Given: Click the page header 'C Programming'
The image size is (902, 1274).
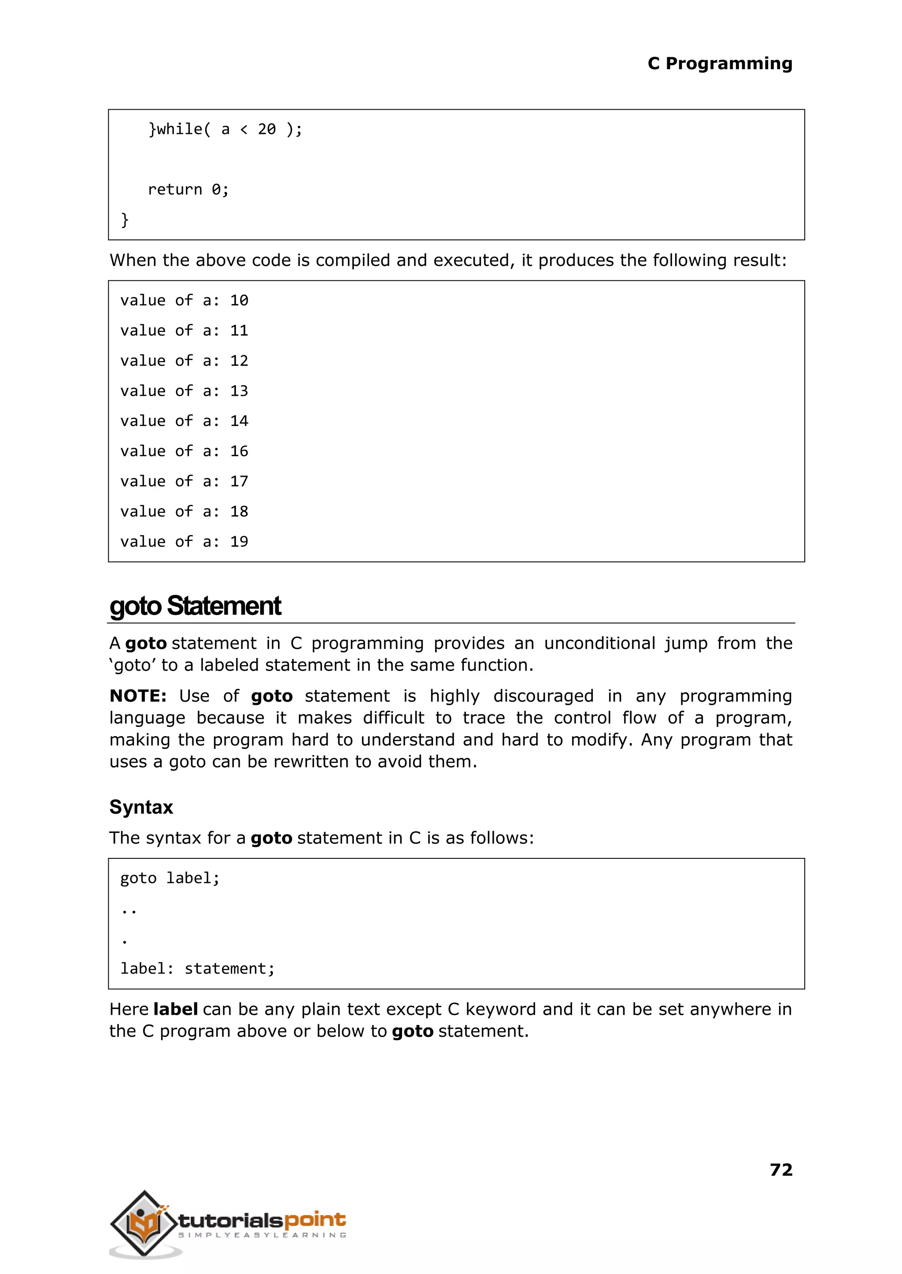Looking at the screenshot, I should click(719, 64).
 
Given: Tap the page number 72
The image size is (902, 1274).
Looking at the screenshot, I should click(781, 1170).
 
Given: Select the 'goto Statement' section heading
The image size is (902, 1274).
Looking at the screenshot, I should click(196, 606).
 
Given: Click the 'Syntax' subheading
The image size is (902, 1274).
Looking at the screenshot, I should click(141, 806).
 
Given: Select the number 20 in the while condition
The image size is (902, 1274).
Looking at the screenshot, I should click(266, 129).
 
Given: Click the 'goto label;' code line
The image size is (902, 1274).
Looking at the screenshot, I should click(170, 878).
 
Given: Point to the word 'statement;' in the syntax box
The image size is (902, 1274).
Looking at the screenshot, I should click(229, 968).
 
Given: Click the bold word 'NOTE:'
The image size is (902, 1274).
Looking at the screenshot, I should click(138, 696).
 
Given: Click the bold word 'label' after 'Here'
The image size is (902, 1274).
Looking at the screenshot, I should click(176, 1009).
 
